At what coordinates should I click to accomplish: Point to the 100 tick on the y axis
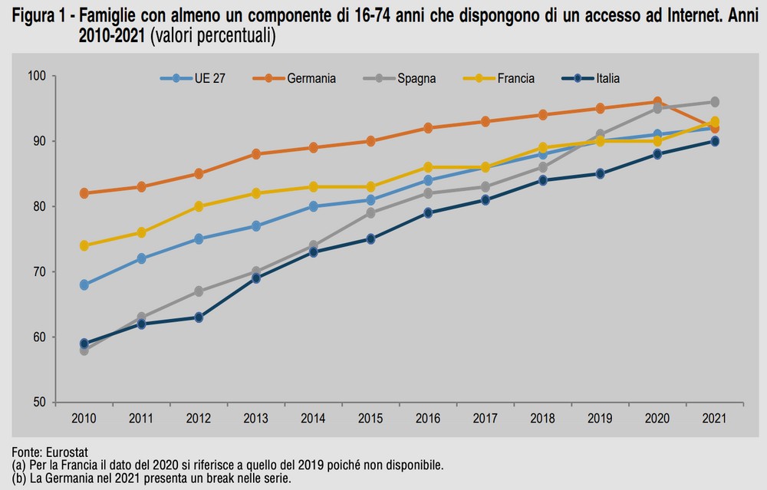pyautogui.click(x=37, y=76)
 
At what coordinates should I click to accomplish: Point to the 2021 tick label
pyautogui.click(x=714, y=418)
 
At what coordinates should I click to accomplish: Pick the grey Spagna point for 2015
pyautogui.click(x=370, y=213)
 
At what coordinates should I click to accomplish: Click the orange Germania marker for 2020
pyautogui.click(x=657, y=102)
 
